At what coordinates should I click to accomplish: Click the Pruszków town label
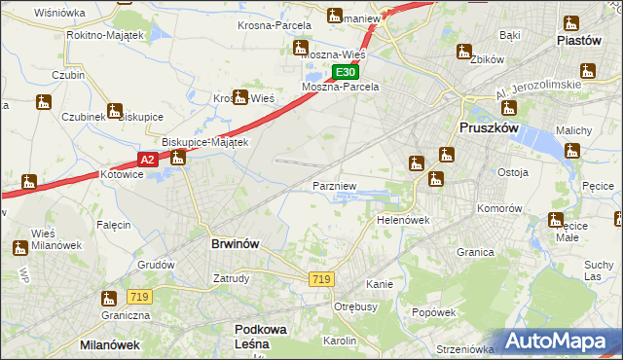pyautogui.click(x=493, y=127)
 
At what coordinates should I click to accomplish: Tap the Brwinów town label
pyautogui.click(x=235, y=244)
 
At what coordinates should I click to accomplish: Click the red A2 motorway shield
pyautogui.click(x=147, y=160)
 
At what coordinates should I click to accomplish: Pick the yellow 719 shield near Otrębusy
pyautogui.click(x=321, y=279)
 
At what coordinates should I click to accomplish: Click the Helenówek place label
pyautogui.click(x=403, y=220)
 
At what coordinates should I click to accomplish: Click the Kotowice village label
pyautogui.click(x=123, y=175)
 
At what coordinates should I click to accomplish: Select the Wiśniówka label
pyautogui.click(x=59, y=13)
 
